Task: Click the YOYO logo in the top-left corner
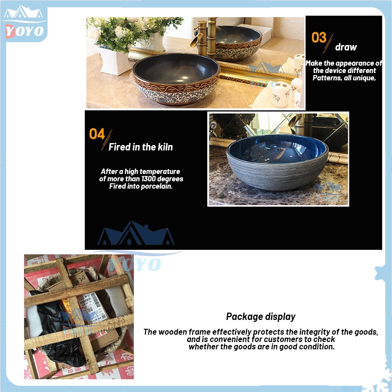[x=24, y=23]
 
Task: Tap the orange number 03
[x=319, y=38]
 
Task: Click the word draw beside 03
[x=346, y=47]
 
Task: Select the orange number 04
[x=97, y=134]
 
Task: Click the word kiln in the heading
[x=165, y=147]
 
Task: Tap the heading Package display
[x=261, y=317]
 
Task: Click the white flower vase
[x=114, y=60]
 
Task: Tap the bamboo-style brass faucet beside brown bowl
[x=204, y=37]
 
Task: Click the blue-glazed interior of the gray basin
[x=277, y=150]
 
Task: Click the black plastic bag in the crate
[x=58, y=335]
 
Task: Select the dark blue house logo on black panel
[x=136, y=233]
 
